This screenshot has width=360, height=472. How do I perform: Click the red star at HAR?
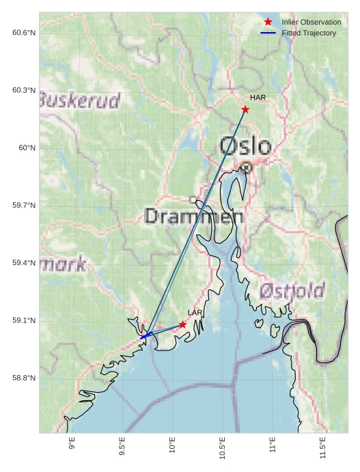click(245, 109)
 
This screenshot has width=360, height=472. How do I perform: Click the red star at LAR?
click(183, 324)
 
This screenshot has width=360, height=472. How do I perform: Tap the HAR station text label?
click(258, 98)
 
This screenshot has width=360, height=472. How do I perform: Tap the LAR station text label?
click(195, 313)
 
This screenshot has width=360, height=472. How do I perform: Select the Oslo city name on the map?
click(245, 145)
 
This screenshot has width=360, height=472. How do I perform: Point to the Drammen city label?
click(195, 217)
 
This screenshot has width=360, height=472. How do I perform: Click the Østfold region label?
click(292, 291)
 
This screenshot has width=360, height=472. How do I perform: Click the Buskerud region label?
click(79, 100)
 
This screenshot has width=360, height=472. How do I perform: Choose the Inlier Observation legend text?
click(311, 23)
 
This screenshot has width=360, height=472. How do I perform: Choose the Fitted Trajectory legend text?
click(309, 33)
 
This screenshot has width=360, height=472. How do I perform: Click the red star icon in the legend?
click(268, 23)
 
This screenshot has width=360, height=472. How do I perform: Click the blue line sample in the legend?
click(268, 33)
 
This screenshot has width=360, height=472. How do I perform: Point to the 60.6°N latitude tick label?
click(24, 32)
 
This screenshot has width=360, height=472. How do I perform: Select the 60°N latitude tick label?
click(27, 148)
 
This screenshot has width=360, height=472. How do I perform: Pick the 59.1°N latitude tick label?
click(24, 320)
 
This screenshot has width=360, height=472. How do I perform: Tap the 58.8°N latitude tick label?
click(24, 378)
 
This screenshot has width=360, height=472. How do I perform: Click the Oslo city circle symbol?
click(247, 167)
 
